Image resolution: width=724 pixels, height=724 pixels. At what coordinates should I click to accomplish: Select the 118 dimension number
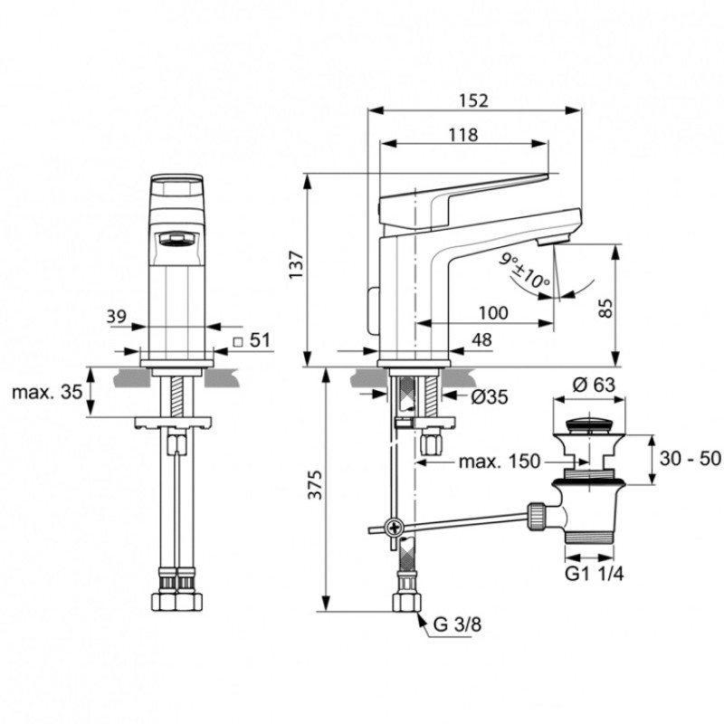463,133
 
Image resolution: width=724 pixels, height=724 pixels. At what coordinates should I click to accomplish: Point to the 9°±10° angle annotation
527,271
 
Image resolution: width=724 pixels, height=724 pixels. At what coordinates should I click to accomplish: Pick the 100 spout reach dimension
492,312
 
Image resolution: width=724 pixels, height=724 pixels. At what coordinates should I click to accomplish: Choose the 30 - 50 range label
691,459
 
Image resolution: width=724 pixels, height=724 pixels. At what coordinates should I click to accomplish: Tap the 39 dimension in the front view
116,316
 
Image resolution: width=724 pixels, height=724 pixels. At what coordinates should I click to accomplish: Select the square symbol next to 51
237,341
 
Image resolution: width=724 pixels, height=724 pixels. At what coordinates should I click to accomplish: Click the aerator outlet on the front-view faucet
176,239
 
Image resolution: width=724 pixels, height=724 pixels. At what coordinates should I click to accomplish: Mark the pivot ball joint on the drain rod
394,528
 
